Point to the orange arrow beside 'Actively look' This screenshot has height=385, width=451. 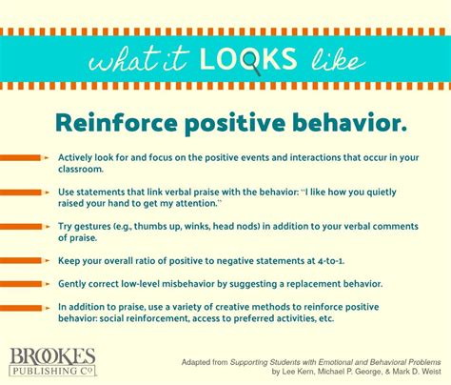point(21,156)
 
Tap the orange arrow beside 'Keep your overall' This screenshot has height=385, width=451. point(21,258)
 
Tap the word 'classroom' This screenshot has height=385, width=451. point(82,168)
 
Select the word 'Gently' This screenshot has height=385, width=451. point(74,283)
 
